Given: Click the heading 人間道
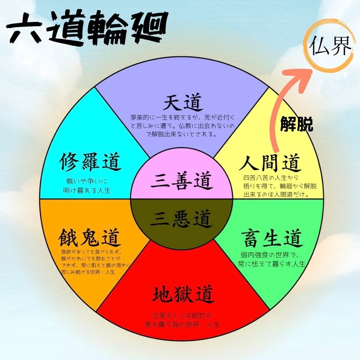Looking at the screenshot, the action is [x=270, y=164].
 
